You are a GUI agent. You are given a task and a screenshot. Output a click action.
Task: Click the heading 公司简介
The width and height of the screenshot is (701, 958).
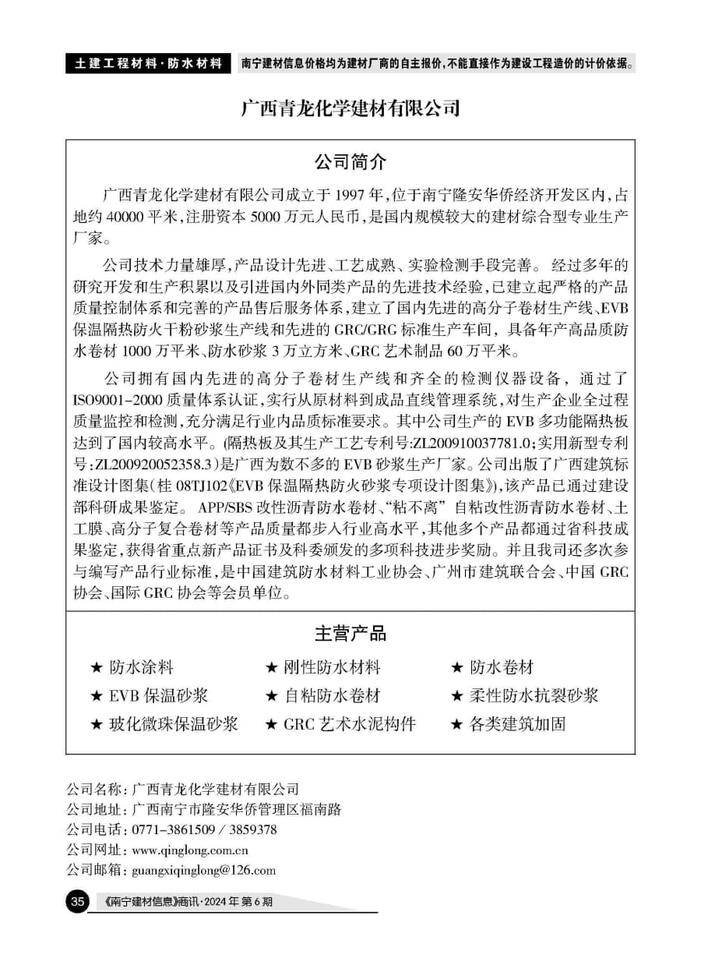click(350, 162)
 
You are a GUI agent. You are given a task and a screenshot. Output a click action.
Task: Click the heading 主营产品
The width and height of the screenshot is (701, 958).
click(350, 633)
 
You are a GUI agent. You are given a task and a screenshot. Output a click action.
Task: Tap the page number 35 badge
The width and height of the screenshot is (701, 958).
click(77, 903)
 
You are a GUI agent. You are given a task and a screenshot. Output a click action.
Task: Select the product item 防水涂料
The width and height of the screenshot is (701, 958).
click(141, 668)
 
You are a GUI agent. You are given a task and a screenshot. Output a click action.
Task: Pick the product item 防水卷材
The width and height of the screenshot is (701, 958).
click(502, 668)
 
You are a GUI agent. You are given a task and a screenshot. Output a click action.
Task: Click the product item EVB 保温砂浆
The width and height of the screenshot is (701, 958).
click(158, 696)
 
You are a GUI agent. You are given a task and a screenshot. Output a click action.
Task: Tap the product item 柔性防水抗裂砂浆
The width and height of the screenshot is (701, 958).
click(534, 696)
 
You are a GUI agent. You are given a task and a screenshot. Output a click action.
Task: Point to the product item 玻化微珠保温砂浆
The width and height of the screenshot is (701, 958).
click(174, 724)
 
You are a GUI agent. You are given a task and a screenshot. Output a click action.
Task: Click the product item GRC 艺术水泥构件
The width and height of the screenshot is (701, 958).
click(349, 724)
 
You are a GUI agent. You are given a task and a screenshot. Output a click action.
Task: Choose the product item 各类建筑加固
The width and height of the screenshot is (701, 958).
click(518, 724)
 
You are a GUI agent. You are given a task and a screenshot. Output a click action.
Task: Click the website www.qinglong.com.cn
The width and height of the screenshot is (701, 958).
click(191, 850)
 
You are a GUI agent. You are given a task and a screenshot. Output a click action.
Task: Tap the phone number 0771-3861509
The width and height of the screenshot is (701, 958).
click(174, 829)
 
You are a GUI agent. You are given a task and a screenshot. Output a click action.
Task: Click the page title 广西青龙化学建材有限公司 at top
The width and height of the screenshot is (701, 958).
click(350, 108)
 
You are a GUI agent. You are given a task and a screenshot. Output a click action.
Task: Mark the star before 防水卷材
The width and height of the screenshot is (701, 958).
click(457, 668)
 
